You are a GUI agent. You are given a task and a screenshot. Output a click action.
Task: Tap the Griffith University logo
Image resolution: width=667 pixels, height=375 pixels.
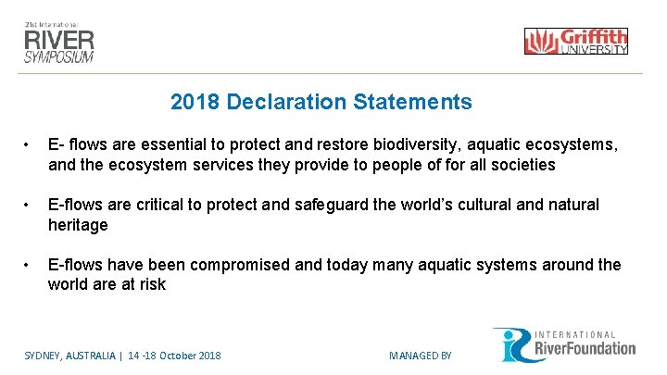pyautogui.click(x=575, y=41)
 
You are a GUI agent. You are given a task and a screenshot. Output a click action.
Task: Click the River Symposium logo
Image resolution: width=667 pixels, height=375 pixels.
pyautogui.click(x=59, y=40)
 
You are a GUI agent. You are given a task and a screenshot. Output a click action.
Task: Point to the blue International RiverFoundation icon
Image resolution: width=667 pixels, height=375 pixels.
pyautogui.click(x=510, y=344)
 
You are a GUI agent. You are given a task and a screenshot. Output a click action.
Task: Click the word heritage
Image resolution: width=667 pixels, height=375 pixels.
pyautogui.click(x=78, y=225)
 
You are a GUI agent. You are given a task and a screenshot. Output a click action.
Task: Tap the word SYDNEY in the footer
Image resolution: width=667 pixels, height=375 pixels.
pyautogui.click(x=42, y=356)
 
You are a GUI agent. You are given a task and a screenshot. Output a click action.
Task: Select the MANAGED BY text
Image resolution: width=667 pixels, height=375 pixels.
pyautogui.click(x=420, y=356)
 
